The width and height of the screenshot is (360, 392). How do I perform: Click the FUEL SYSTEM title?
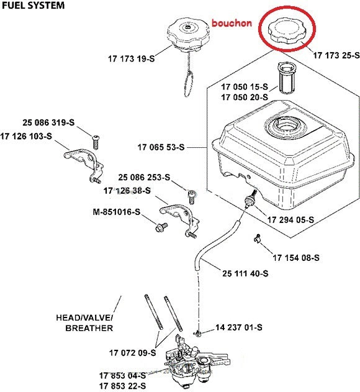pyautogui.click(x=32, y=6)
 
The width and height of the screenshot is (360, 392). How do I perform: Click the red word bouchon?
pyautogui.click(x=231, y=23)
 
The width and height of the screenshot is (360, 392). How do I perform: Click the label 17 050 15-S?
pyautogui.click(x=245, y=86)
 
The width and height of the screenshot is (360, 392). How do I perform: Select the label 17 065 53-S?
pyautogui.click(x=161, y=147)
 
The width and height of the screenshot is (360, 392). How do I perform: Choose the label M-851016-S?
pyautogui.click(x=116, y=213)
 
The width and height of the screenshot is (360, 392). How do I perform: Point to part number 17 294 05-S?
pyautogui.click(x=290, y=220)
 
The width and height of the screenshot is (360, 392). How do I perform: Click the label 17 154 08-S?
pyautogui.click(x=296, y=257)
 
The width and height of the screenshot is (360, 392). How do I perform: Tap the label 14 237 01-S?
pyautogui.click(x=239, y=327)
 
